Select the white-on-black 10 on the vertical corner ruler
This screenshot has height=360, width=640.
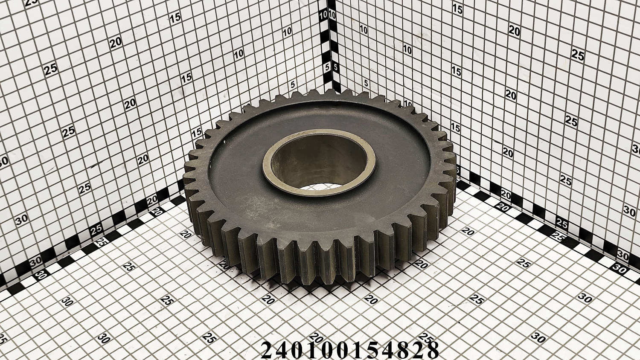pos(323,15)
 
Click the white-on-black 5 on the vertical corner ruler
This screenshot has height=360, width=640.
pos(327,68)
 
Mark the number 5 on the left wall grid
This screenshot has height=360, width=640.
pos(292,84)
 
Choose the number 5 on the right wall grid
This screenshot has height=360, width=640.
pos(366,83)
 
